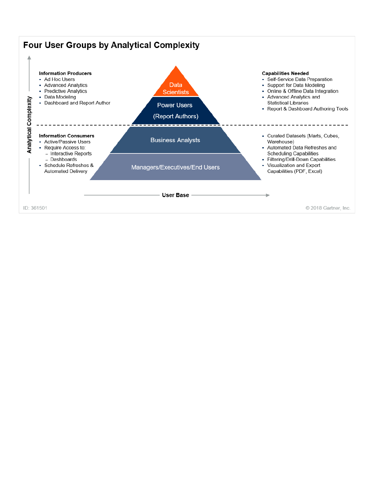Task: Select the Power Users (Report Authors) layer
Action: point(175,111)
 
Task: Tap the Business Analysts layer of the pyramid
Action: point(175,140)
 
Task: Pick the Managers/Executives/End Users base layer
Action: point(175,167)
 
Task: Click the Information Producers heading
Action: point(65,73)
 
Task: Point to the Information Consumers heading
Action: point(67,136)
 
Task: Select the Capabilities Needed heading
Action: point(285,73)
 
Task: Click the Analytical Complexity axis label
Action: point(29,125)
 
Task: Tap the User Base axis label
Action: point(175,195)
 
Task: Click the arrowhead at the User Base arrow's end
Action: point(268,195)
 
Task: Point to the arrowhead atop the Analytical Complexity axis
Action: point(29,58)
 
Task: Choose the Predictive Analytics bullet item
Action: point(66,91)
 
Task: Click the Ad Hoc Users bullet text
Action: point(60,79)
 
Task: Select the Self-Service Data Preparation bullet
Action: point(300,79)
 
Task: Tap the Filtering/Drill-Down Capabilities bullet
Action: point(301,159)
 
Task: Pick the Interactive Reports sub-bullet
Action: point(71,153)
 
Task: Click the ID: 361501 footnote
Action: point(35,208)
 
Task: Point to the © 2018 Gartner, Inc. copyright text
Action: point(328,208)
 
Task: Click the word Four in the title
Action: point(33,45)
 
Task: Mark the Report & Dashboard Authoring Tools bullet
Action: point(307,109)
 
